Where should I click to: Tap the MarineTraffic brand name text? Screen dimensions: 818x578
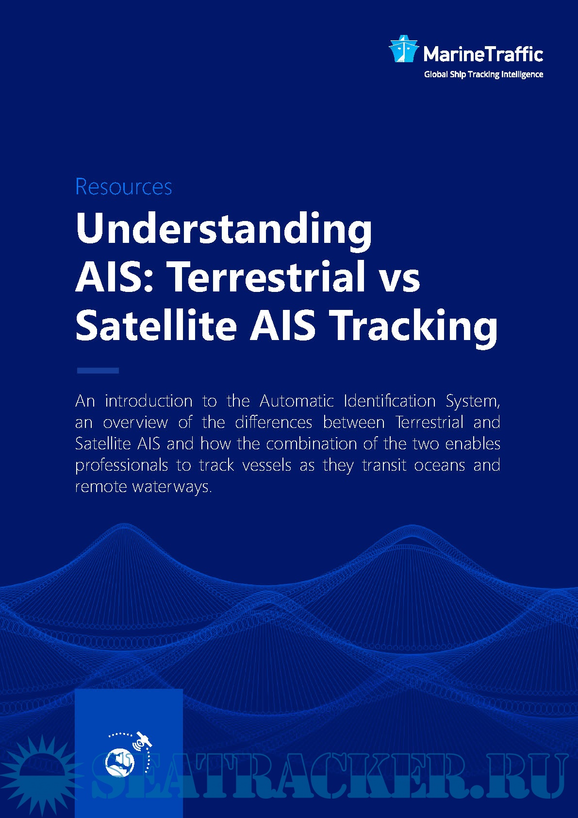pos(483,53)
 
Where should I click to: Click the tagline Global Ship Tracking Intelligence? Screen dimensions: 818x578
pos(483,74)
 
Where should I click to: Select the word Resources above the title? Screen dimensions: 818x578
pos(124,187)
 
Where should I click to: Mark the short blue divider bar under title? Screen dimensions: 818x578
pos(98,371)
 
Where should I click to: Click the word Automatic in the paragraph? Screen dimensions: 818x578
pos(297,401)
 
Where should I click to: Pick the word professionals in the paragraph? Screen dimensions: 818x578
pos(121,465)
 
